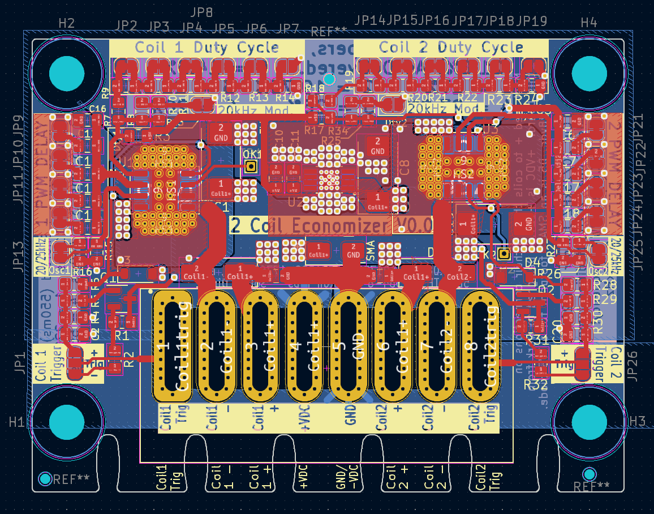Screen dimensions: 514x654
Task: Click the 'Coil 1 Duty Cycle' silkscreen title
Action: [x=206, y=48]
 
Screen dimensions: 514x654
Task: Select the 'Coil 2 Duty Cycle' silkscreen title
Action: [x=450, y=48]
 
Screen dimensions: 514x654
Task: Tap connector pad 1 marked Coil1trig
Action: [x=173, y=346]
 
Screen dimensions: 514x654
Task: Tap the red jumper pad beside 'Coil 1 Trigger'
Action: [x=75, y=363]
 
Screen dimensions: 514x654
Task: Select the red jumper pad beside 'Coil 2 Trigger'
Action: [x=582, y=363]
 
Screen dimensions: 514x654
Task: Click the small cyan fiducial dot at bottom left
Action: [x=45, y=479]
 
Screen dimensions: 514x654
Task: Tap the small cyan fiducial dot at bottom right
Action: [x=590, y=474]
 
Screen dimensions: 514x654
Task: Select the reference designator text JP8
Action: [x=201, y=12]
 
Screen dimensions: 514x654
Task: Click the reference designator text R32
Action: [x=535, y=385]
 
